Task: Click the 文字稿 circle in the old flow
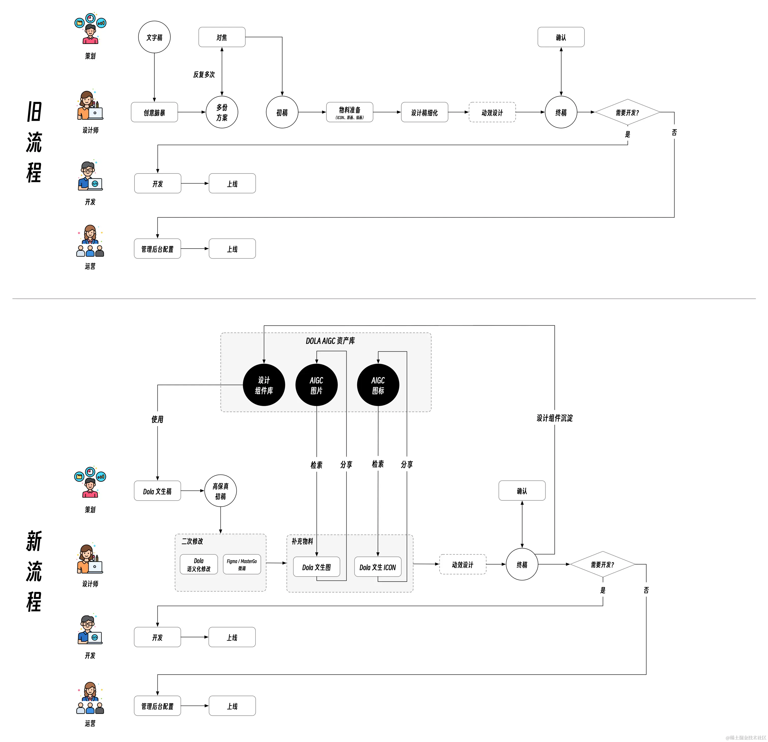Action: pyautogui.click(x=154, y=37)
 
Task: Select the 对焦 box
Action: pyautogui.click(x=222, y=37)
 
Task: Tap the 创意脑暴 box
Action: pyautogui.click(x=154, y=112)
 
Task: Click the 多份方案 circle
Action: pyautogui.click(x=222, y=112)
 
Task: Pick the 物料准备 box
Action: pyautogui.click(x=349, y=112)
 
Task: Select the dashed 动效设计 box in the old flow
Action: pyautogui.click(x=492, y=112)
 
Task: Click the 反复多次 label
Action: pyautogui.click(x=204, y=74)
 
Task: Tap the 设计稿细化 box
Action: pyautogui.click(x=424, y=112)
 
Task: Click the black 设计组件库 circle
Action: pyautogui.click(x=264, y=385)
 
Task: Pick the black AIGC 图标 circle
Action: pyautogui.click(x=378, y=385)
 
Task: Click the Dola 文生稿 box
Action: pyautogui.click(x=157, y=491)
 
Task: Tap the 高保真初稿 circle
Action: pyautogui.click(x=221, y=491)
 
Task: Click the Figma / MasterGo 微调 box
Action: pyautogui.click(x=242, y=564)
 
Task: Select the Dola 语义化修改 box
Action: pyautogui.click(x=199, y=564)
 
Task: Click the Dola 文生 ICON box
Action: pyautogui.click(x=378, y=567)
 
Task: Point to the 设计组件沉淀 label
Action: pyautogui.click(x=554, y=418)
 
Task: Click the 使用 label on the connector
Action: pyautogui.click(x=157, y=419)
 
